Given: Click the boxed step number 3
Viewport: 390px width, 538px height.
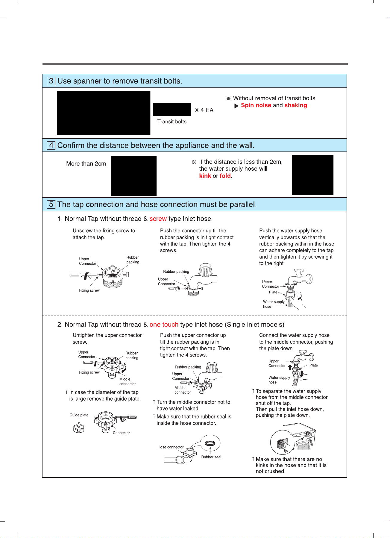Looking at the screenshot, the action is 51,81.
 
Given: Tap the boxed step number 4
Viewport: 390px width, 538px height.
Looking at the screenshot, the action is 51,145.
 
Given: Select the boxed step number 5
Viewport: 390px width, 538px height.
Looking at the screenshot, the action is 51,204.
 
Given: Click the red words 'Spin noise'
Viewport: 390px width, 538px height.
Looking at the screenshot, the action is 256,105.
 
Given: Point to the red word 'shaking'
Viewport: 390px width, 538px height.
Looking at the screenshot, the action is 296,105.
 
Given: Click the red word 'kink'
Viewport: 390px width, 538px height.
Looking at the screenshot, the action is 205,176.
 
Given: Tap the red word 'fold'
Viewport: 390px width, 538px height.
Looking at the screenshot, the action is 225,176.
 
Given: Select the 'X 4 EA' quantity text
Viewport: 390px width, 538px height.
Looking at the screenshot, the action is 204,110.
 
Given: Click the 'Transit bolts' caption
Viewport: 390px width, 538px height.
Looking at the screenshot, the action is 172,122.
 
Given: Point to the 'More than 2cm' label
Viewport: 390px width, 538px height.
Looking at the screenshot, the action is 86,164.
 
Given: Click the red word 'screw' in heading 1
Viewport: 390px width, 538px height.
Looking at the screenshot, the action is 158,219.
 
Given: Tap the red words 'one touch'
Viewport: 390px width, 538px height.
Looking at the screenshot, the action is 164,325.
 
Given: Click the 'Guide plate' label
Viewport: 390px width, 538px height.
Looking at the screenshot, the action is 79,415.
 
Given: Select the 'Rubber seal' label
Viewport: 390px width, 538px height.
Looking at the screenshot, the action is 211,457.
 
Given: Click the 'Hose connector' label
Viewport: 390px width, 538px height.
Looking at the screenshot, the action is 171,447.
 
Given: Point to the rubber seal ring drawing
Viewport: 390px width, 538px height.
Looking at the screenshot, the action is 210,443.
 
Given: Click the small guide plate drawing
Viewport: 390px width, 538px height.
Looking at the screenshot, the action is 79,428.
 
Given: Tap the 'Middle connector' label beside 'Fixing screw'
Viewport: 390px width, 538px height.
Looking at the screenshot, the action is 128,381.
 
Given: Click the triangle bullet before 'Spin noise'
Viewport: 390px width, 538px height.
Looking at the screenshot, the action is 236,106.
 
